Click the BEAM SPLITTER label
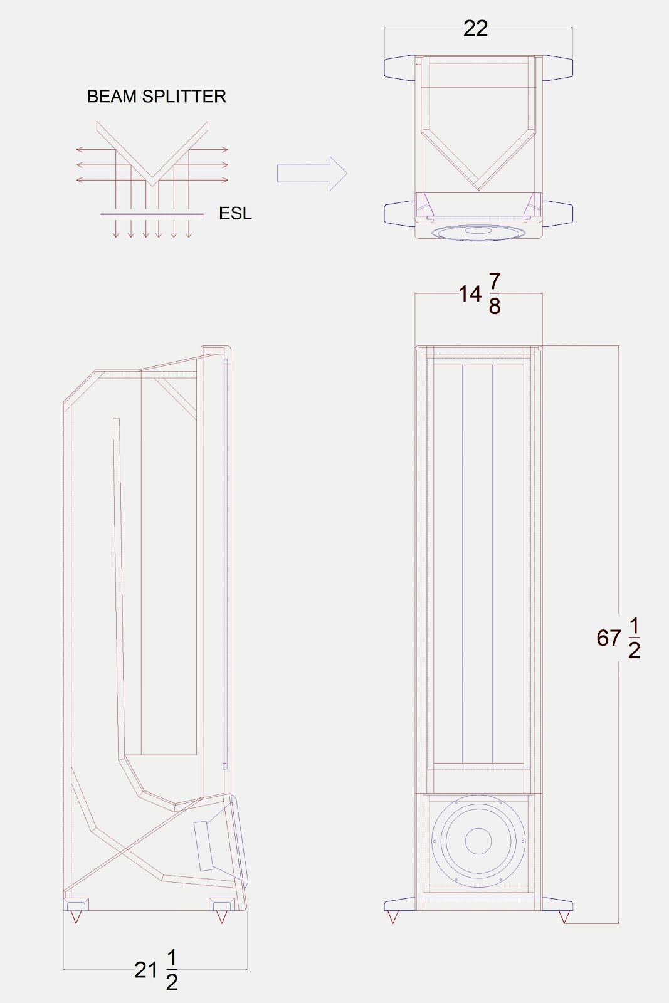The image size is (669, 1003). (x=156, y=97)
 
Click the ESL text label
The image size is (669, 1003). (x=235, y=214)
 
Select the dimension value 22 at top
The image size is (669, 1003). (x=475, y=29)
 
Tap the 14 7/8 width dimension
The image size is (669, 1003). (x=480, y=293)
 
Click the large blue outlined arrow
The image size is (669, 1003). (x=312, y=174)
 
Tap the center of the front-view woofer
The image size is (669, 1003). (x=478, y=841)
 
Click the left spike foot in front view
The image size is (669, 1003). (x=393, y=917)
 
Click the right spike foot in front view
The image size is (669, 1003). (x=564, y=917)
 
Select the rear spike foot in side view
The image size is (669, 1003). (x=76, y=916)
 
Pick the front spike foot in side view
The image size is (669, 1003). (x=221, y=916)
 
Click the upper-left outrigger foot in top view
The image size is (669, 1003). (x=399, y=67)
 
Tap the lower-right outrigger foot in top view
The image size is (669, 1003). (x=557, y=214)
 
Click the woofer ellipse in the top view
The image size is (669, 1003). (x=478, y=233)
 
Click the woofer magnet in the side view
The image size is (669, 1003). (x=204, y=846)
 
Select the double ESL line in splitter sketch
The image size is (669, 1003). (x=152, y=214)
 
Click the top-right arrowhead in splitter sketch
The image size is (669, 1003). (x=225, y=150)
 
